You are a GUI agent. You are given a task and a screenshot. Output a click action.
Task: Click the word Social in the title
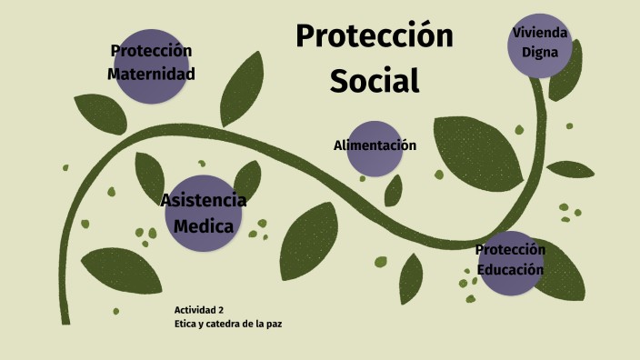tap(375, 80)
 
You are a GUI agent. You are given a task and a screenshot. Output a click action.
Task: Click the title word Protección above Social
tap(375, 36)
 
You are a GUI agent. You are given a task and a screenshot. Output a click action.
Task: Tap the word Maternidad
tap(151, 74)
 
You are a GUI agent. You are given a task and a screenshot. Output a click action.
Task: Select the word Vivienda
tap(540, 33)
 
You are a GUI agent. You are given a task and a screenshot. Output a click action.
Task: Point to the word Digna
tap(540, 51)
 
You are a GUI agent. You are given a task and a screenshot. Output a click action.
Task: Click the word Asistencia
tap(204, 200)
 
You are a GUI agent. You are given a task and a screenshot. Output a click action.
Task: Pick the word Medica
tap(204, 225)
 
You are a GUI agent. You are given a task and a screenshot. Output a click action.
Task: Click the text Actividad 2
tap(198, 309)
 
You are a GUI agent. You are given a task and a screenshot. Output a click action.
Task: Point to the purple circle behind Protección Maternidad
tap(151, 91)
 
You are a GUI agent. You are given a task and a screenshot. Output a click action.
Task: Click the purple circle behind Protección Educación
tap(511, 284)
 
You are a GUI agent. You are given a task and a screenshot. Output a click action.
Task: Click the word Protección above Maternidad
tap(151, 51)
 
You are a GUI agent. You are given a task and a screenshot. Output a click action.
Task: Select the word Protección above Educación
tap(511, 250)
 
